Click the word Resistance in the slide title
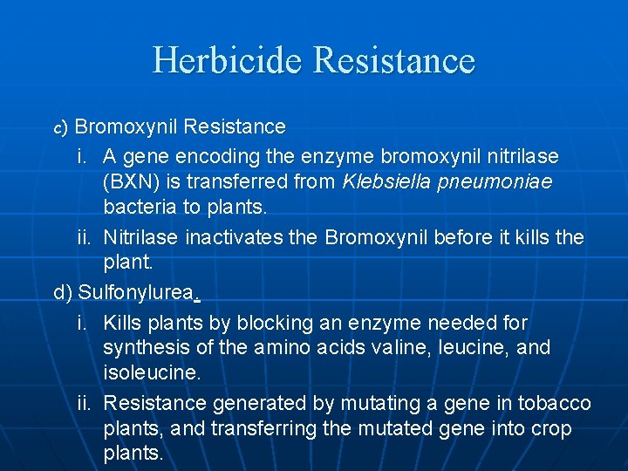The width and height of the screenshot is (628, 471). [x=392, y=60]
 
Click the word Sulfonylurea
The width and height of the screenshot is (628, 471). [x=135, y=292]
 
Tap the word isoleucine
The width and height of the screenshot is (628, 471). [x=150, y=372]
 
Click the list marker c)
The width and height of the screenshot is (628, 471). [x=60, y=127]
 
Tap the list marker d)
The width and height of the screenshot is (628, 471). [x=64, y=292]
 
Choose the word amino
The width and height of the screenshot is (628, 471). [x=278, y=347]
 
